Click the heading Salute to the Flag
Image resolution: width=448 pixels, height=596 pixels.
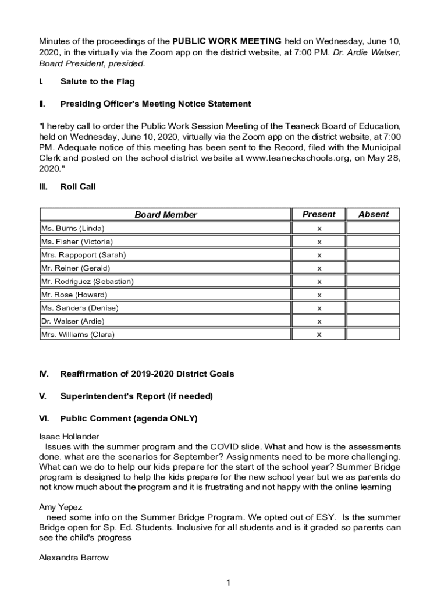click(x=97, y=81)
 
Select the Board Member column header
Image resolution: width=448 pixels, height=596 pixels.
click(x=166, y=215)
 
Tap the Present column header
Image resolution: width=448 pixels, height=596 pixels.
click(x=319, y=214)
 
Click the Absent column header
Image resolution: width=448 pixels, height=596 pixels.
click(x=373, y=214)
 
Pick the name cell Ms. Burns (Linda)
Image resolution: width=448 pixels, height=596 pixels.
click(x=73, y=228)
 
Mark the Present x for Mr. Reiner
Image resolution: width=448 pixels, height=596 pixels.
click(x=319, y=268)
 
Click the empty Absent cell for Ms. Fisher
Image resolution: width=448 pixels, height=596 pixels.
click(x=373, y=242)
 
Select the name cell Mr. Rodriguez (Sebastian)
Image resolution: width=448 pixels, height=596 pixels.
click(x=87, y=282)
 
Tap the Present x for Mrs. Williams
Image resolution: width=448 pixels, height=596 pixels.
click(x=319, y=335)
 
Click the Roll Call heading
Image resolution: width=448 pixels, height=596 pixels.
click(x=78, y=187)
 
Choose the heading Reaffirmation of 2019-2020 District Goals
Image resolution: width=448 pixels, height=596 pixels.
click(x=147, y=374)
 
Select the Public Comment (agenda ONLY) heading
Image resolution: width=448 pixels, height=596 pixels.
click(x=129, y=418)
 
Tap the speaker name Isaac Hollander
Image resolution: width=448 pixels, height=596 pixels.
click(x=69, y=436)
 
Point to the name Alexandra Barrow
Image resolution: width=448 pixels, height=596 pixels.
click(x=73, y=558)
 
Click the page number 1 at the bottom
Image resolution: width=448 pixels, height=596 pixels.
click(x=229, y=583)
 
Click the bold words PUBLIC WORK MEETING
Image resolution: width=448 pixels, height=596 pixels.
click(x=227, y=41)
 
